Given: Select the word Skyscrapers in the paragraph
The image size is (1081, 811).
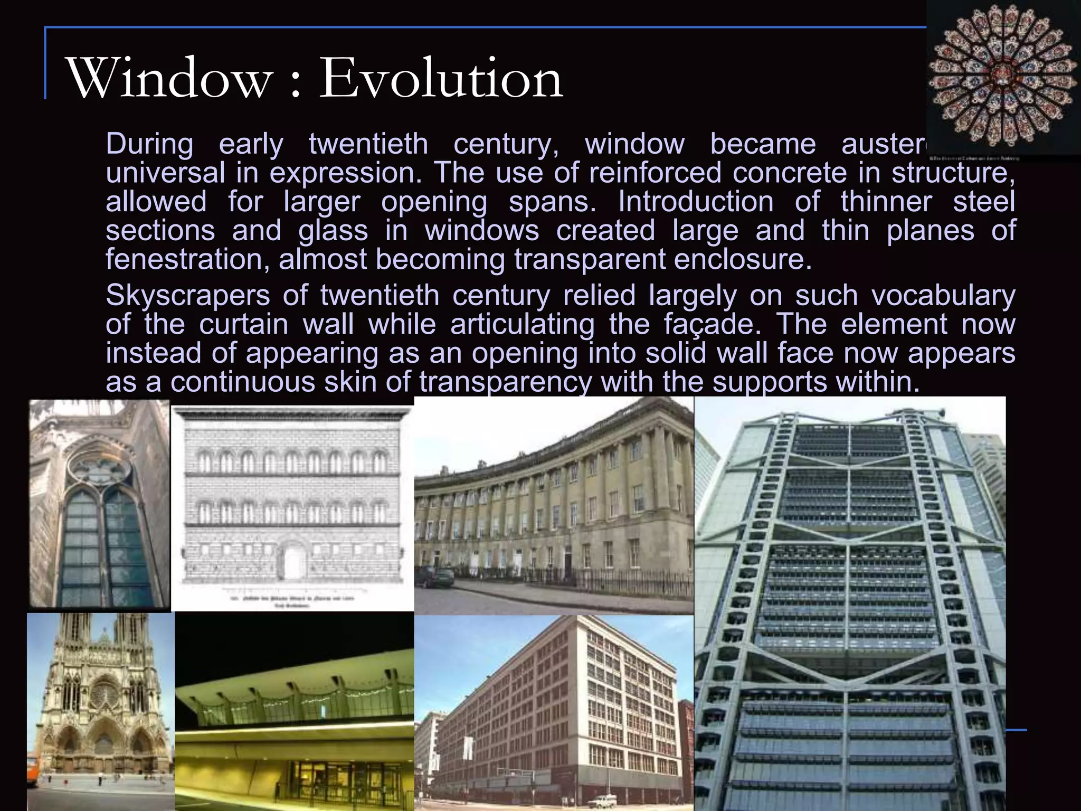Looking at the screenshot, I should (x=187, y=295).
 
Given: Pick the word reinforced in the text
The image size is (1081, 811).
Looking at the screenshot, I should (x=655, y=173).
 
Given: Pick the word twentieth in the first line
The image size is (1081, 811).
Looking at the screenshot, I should (x=368, y=144).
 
